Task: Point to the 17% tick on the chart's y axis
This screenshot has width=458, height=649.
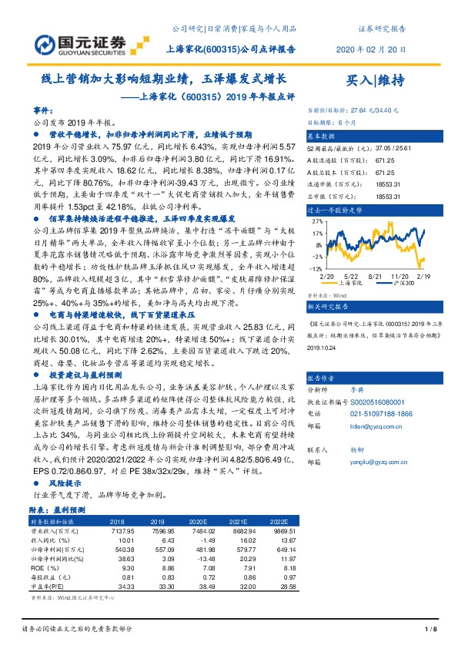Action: tap(317, 231)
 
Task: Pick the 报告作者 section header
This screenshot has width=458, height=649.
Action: tap(323, 379)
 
